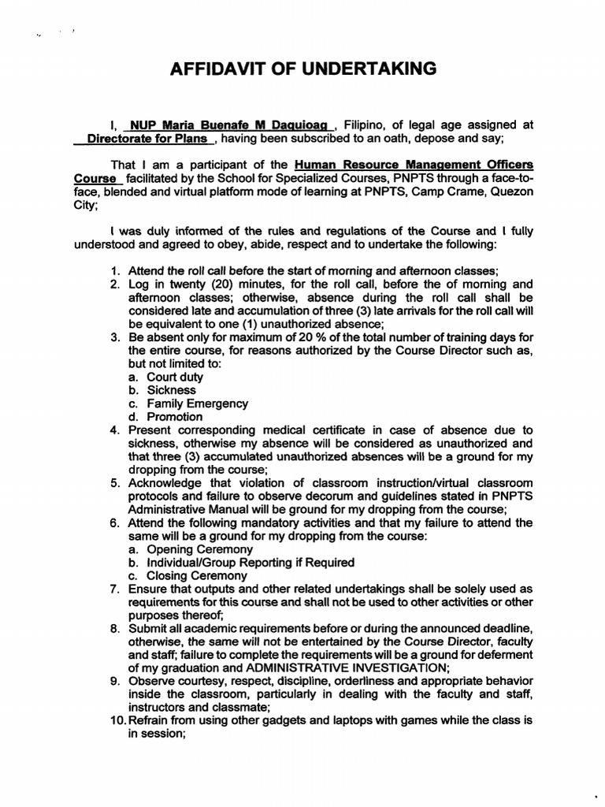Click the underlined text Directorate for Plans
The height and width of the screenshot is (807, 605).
coord(147,138)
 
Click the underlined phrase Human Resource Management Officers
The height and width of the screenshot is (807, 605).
coord(414,165)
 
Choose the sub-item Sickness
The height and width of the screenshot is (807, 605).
coord(162,390)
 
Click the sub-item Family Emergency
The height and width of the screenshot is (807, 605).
coord(187,403)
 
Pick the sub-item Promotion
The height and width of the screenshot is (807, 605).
coord(165,417)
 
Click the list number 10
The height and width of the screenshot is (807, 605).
coord(117,721)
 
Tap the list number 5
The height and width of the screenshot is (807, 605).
coord(115,483)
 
